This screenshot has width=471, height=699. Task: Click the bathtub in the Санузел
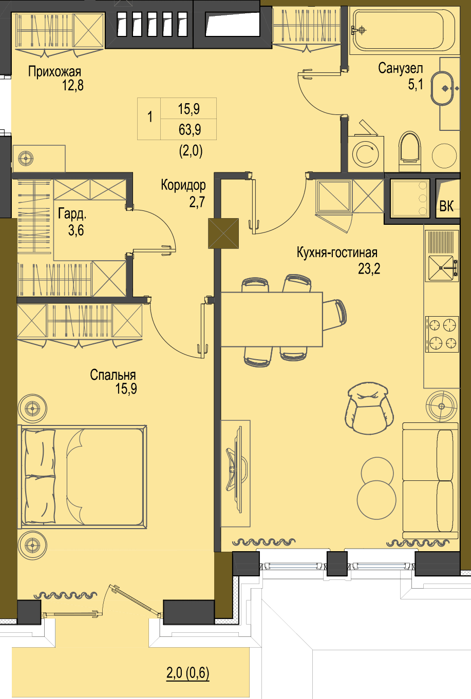tap(403, 30)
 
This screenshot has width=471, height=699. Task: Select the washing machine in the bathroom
tap(365, 154)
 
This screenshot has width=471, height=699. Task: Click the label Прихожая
tap(54, 72)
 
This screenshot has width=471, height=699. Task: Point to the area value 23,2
tap(369, 268)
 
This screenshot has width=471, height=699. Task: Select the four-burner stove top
tap(442, 334)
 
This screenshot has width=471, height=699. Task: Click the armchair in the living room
tap(369, 408)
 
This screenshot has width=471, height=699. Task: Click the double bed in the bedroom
tap(83, 477)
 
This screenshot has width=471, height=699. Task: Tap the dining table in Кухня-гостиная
tap(271, 319)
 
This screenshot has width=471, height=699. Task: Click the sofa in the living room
tap(430, 480)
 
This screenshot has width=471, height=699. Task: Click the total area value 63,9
tap(190, 129)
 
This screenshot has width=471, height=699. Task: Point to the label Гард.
tap(72, 215)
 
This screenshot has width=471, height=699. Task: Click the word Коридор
tap(183, 185)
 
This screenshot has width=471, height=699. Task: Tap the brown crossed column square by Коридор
tap(223, 234)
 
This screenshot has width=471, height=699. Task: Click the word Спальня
tap(113, 375)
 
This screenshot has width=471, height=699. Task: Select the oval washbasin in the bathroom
tap(442, 88)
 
